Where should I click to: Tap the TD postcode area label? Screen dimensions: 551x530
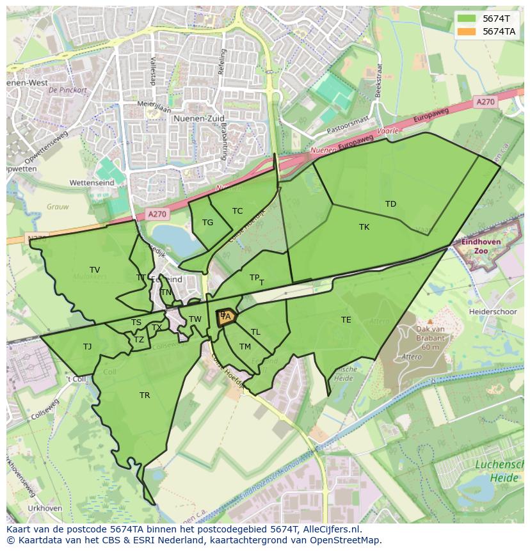coord(390,204)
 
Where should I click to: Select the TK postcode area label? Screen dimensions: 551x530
coord(364,227)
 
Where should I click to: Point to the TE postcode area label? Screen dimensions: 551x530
coord(346,320)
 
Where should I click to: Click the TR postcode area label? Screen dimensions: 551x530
coord(145,395)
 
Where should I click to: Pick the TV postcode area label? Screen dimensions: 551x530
coord(95,270)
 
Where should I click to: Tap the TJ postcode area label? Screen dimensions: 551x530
coord(87,347)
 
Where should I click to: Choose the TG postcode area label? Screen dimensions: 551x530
coord(207,223)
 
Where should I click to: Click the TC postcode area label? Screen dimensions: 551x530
coord(237,211)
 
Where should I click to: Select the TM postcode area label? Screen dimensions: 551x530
coord(245,347)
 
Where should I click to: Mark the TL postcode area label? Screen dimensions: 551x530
coord(255,332)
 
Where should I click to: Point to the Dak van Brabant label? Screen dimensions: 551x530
coord(422,338)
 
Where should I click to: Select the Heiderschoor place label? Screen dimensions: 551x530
coord(492,311)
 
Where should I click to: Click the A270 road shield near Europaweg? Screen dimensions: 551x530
coord(485,102)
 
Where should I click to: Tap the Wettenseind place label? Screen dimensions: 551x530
coord(92,183)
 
